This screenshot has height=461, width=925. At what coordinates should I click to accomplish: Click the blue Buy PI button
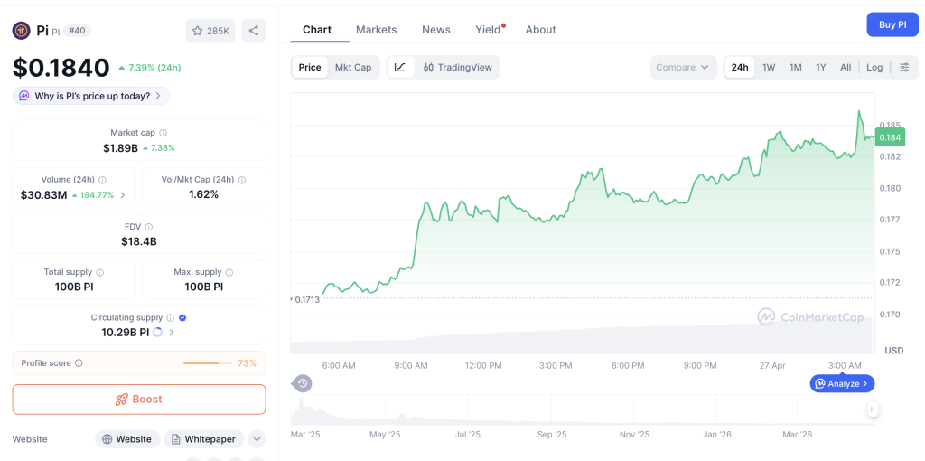click(x=892, y=24)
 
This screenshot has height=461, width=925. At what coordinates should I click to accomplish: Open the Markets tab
click(x=376, y=30)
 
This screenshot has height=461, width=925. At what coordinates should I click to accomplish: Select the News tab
click(x=435, y=30)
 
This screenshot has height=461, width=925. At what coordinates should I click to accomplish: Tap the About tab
click(x=540, y=30)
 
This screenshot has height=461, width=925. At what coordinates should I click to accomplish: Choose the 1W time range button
click(x=769, y=68)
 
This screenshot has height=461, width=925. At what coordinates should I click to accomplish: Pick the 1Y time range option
click(x=820, y=68)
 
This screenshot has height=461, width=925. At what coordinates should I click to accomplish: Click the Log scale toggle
click(x=874, y=68)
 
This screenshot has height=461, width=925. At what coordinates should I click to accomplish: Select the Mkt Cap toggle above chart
click(x=352, y=68)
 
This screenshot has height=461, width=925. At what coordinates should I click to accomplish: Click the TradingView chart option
click(x=458, y=68)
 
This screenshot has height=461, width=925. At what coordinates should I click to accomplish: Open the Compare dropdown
click(x=683, y=68)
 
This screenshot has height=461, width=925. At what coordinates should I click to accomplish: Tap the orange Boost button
click(x=139, y=399)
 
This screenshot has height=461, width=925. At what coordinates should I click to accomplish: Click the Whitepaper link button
click(x=203, y=439)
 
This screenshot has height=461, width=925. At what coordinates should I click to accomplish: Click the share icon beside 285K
click(x=254, y=31)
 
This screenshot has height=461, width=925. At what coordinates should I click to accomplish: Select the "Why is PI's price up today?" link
click(x=91, y=96)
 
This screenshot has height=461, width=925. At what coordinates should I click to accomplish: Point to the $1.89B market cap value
click(x=120, y=148)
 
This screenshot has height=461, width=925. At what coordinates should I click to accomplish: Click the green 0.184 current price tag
click(x=890, y=137)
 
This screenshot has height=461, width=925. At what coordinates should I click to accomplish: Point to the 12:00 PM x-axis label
click(x=483, y=365)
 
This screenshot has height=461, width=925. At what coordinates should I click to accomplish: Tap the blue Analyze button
click(x=842, y=383)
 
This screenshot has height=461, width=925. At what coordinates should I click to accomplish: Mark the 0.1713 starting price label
click(x=307, y=299)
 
